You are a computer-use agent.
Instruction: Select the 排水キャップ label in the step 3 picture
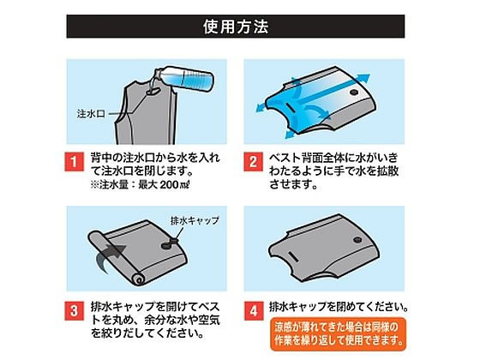click(x=196, y=219)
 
